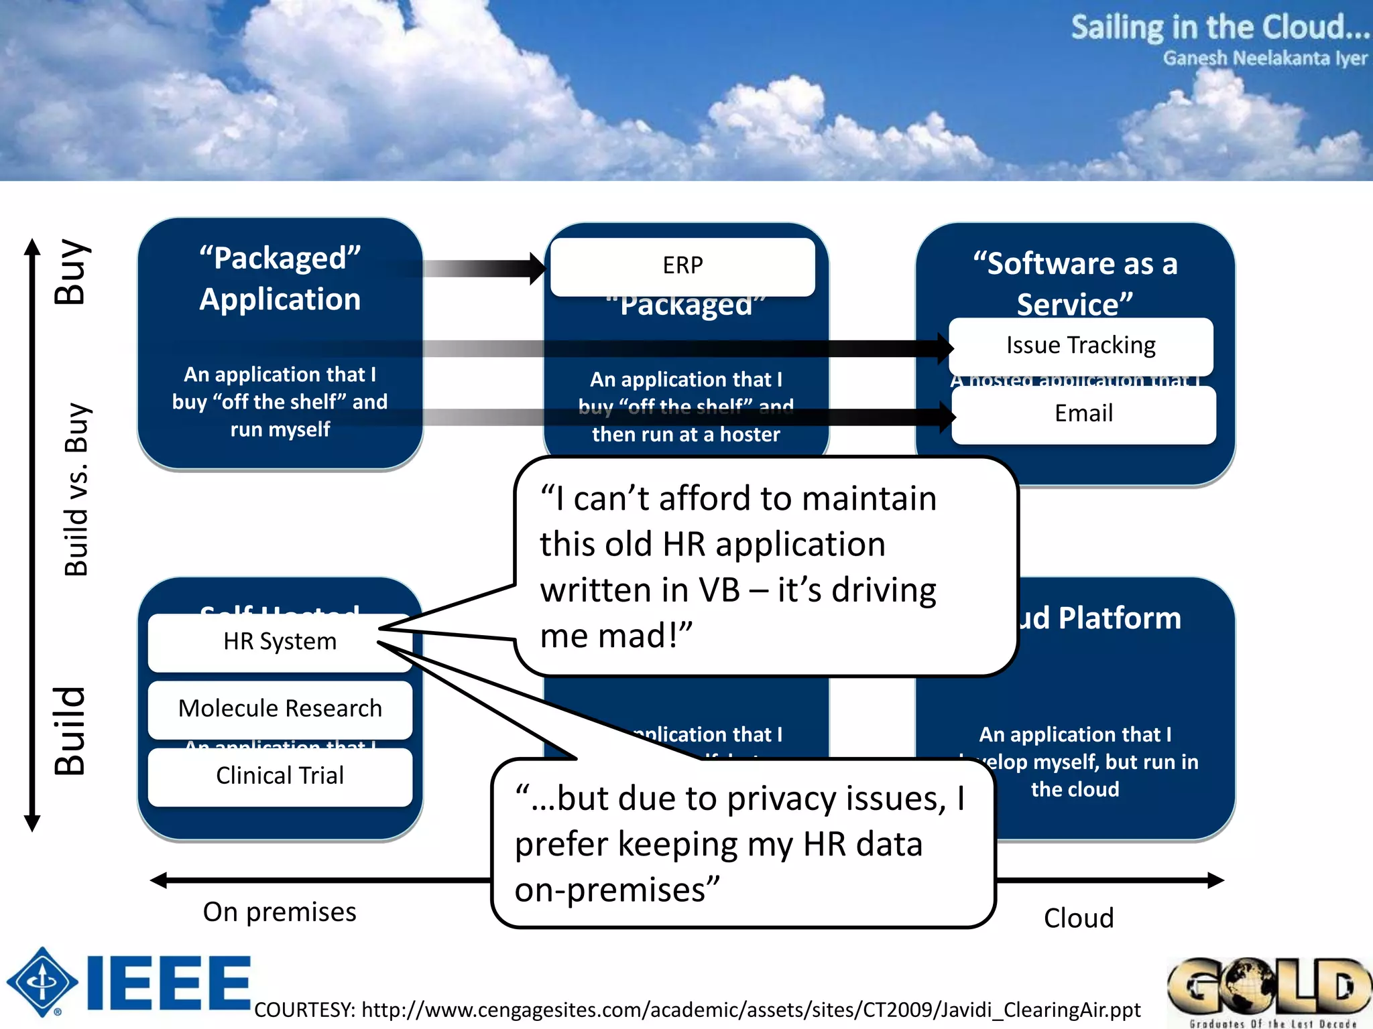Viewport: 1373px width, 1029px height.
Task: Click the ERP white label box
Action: tap(682, 266)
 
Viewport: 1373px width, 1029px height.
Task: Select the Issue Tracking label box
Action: tap(1080, 346)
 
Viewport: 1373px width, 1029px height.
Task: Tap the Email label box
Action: tap(1083, 414)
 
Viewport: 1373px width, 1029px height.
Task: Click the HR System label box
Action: tap(280, 642)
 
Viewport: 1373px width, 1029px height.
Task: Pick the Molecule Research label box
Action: tap(280, 709)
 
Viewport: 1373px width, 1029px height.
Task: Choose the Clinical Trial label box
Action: tap(280, 776)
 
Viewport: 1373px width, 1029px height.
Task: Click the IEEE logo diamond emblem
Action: tap(42, 982)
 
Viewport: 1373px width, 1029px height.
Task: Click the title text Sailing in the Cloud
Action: tap(1219, 28)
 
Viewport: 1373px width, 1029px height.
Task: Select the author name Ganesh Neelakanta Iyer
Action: tap(1264, 59)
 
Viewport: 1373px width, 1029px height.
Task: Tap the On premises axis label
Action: tap(280, 912)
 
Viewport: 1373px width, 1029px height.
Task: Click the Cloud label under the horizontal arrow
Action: tap(1078, 918)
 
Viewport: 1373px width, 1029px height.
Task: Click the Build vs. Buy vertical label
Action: tap(76, 489)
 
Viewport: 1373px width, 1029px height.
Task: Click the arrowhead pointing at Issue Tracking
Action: tap(945, 348)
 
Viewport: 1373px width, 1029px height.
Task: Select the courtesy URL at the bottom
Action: tap(697, 1010)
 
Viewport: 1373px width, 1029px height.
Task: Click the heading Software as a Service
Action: tap(1075, 283)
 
